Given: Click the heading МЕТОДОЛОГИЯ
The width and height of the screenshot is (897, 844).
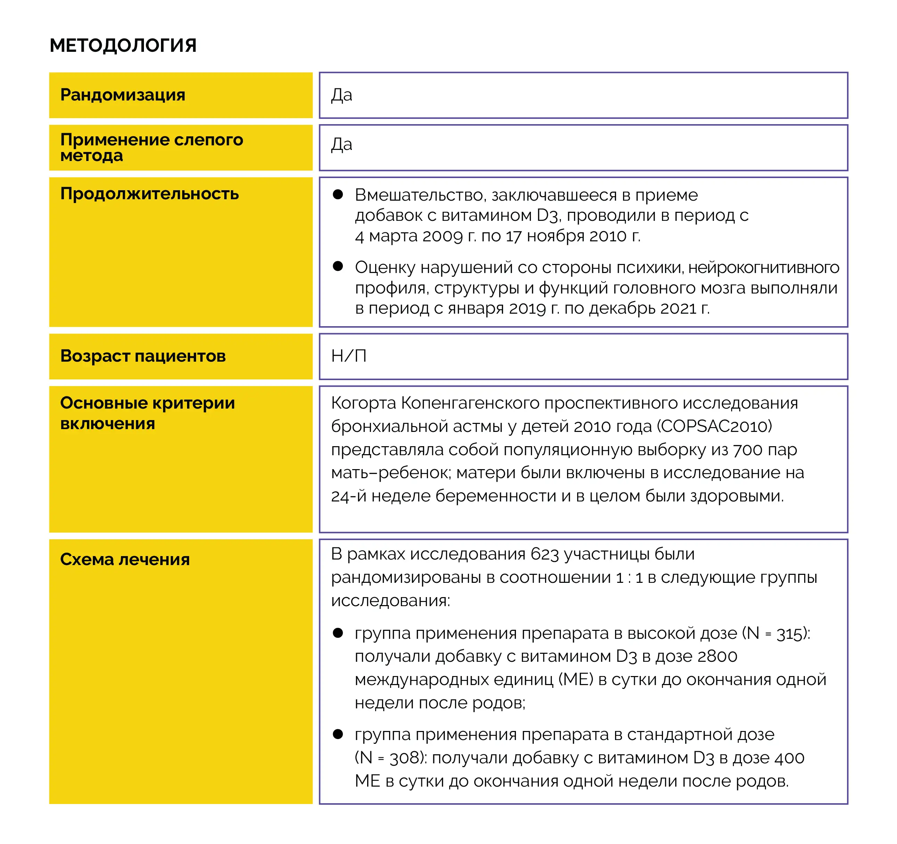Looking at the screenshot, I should tap(123, 46).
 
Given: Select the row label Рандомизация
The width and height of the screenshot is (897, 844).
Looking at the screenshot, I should tap(123, 95).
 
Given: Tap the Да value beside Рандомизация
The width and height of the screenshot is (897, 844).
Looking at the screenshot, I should tap(341, 95).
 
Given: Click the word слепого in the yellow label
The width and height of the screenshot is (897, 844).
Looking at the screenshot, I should tap(209, 140).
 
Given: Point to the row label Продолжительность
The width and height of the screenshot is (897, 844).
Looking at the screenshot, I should tap(149, 194).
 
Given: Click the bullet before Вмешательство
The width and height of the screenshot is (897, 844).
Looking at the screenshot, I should tap(338, 194).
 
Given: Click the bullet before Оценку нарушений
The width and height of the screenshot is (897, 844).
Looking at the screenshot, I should tap(338, 266).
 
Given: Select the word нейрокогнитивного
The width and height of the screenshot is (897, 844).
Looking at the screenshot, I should tap(763, 268).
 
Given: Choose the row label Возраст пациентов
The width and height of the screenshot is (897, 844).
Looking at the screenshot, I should tap(143, 356).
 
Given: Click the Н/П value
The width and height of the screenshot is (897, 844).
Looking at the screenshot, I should tap(349, 356).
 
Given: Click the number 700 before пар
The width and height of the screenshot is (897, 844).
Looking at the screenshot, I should tap(747, 450).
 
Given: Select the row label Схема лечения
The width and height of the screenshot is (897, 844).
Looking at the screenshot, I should tap(125, 560).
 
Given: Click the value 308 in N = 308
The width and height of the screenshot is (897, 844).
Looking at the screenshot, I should tap(404, 758).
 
